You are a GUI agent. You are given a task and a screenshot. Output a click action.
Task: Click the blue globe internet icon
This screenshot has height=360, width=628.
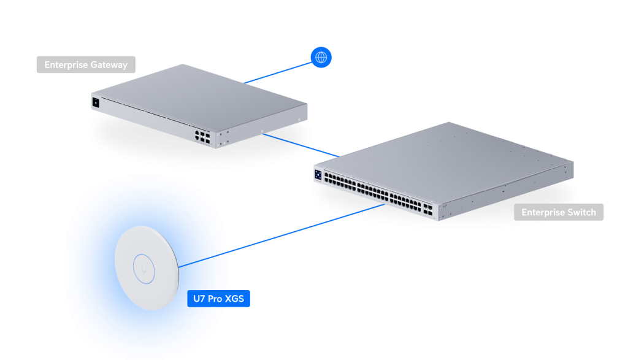tap(320, 58)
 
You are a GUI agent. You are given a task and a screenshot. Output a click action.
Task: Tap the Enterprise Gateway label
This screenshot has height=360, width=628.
tap(86, 64)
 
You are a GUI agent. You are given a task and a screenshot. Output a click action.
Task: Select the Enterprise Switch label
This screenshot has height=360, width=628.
tap(558, 212)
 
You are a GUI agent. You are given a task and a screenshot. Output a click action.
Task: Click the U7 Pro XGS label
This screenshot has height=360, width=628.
tap(220, 299)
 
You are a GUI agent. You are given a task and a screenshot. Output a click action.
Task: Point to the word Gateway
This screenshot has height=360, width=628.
tap(110, 64)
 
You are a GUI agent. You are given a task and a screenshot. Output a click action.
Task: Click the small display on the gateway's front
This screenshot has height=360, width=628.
tap(95, 102)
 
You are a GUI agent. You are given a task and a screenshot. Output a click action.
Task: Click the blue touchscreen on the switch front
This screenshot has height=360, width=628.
tap(319, 174)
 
